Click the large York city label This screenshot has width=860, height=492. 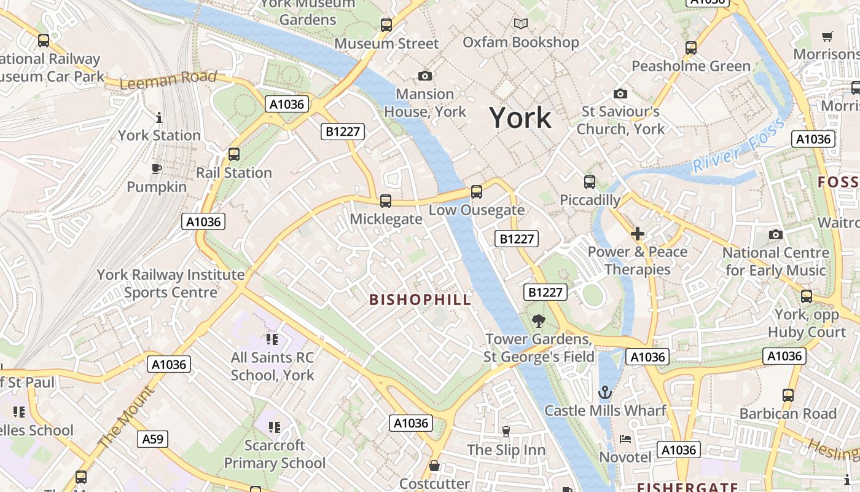520,117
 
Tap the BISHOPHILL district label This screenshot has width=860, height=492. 420,300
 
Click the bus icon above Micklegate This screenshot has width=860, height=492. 386,200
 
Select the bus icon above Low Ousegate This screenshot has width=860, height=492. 477,191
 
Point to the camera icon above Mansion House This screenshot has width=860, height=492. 424,76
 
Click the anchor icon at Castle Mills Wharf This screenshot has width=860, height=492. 605,392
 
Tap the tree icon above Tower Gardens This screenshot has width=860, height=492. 539,320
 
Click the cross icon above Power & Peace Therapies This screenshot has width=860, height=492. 638,234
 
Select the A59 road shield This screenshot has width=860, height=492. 152,438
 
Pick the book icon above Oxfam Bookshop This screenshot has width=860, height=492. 521,24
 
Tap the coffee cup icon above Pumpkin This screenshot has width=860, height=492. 157,169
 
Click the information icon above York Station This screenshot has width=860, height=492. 159,117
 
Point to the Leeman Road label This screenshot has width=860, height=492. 168,79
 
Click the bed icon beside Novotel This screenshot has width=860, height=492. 625,439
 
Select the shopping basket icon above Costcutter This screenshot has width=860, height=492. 434,466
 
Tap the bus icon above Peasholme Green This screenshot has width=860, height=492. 691,47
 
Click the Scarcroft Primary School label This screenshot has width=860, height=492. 275,454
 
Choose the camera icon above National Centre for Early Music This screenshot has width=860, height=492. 776,235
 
